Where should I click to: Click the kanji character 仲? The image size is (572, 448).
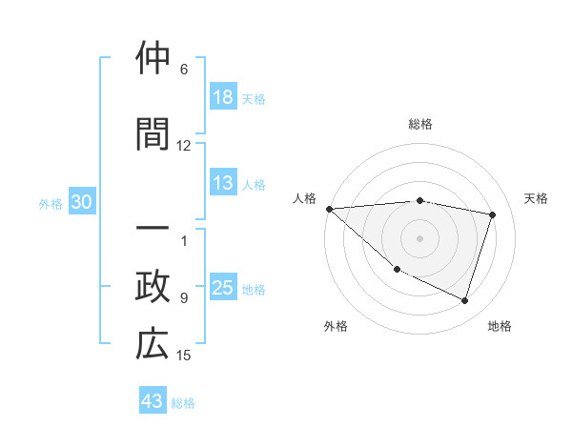[153, 60]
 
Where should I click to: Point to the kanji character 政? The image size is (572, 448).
[153, 288]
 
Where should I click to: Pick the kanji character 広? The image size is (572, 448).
[153, 345]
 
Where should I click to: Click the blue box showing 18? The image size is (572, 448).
[222, 97]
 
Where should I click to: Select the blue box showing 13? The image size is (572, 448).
[222, 183]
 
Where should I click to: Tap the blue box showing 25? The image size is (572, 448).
[223, 288]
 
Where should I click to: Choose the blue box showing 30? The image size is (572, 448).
[81, 202]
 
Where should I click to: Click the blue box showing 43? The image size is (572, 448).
[153, 401]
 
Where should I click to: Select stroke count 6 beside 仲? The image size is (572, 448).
[184, 70]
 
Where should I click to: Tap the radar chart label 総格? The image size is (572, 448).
[420, 124]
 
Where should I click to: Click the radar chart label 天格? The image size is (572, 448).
[536, 198]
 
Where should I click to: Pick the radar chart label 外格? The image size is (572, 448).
[336, 326]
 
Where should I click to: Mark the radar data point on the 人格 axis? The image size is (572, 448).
[329, 209]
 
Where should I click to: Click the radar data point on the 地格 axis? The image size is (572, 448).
[464, 300]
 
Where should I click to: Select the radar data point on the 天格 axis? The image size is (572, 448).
[492, 214]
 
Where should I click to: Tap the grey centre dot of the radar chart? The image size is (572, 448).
[419, 237]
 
